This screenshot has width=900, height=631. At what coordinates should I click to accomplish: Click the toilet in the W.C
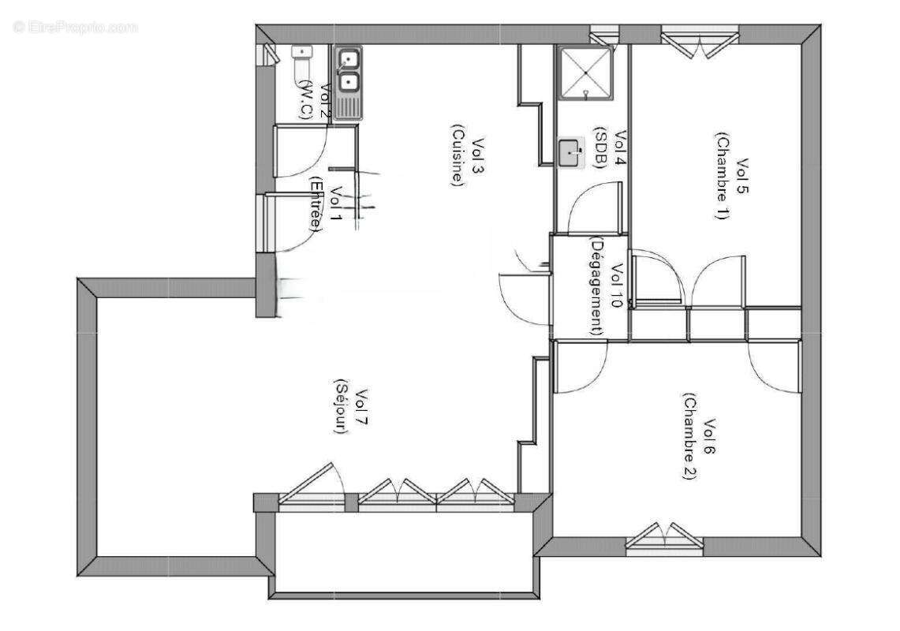(x=302, y=64)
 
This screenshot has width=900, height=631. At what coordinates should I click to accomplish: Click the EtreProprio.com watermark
(x=76, y=27)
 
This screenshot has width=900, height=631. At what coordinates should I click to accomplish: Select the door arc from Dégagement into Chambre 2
(x=582, y=371)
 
